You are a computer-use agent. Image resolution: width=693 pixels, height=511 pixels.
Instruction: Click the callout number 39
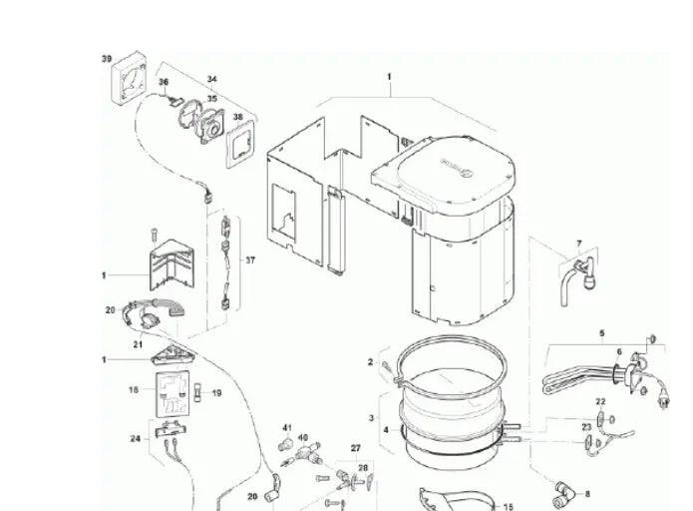tap(107, 59)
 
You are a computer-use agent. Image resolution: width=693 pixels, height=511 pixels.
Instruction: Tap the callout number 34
tap(211, 78)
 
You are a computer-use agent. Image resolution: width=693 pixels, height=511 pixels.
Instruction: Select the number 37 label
tap(249, 259)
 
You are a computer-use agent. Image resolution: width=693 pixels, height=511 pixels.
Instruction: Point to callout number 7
tap(577, 243)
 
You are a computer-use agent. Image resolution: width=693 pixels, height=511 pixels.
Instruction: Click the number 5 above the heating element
tap(601, 331)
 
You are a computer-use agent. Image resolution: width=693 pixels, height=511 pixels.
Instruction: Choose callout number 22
tap(600, 401)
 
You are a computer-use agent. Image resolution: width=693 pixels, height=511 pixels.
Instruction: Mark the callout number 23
tap(586, 426)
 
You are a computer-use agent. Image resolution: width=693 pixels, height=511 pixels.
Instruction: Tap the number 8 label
tap(587, 493)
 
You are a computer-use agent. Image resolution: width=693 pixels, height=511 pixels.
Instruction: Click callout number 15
tap(507, 506)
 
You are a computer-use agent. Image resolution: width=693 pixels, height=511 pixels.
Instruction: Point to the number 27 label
tap(354, 448)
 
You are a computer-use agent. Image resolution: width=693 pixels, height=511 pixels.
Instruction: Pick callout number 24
tap(135, 438)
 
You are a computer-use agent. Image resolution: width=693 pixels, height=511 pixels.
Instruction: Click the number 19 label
tap(217, 393)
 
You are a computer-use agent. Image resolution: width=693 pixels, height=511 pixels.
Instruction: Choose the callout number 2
tap(370, 361)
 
